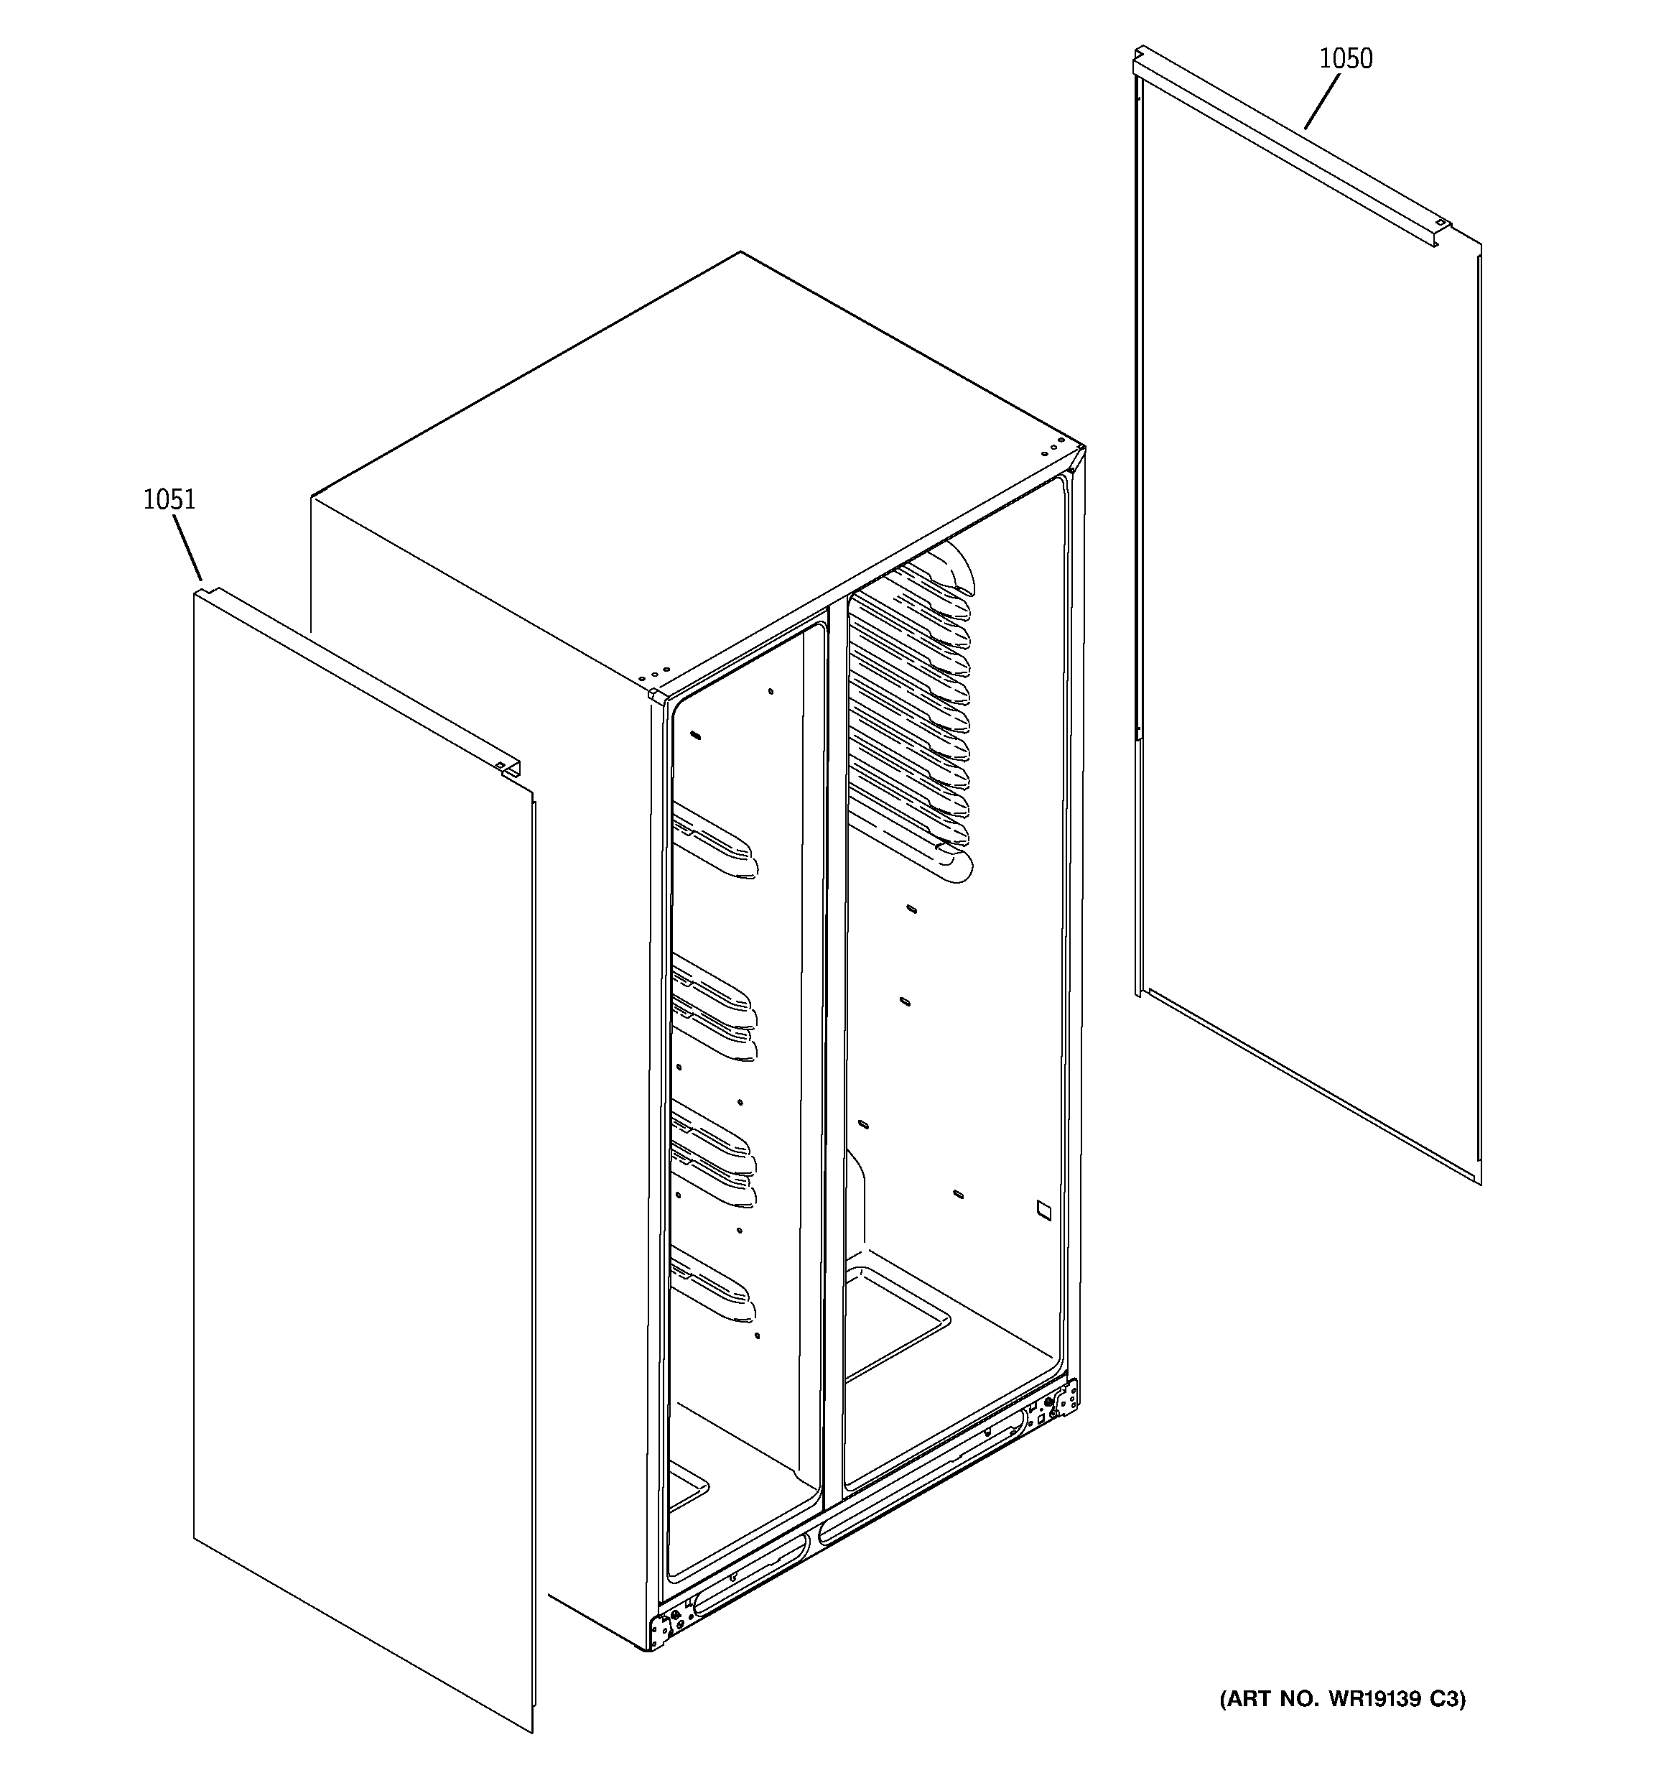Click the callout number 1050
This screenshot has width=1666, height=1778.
(x=1345, y=59)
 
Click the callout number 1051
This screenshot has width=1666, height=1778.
(x=169, y=499)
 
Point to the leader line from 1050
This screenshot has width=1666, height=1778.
(x=1322, y=101)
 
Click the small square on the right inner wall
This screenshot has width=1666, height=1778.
(x=1043, y=1208)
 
